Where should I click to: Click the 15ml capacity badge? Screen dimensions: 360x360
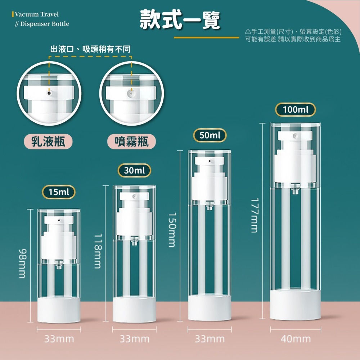59,192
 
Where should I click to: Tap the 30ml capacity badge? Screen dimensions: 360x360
134,171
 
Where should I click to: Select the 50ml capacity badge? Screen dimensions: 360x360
210,135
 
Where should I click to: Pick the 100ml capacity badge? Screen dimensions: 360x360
296,109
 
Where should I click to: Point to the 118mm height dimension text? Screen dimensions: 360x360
98,251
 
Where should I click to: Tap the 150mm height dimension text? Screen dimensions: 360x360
172,230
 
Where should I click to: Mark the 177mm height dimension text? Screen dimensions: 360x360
255,215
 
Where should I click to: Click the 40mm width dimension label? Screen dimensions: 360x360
296,339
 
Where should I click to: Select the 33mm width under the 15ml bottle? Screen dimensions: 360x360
59,339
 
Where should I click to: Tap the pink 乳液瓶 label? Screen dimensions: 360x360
48,141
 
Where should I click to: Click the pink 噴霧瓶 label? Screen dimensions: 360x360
131,141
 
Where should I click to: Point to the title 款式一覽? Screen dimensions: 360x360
180,20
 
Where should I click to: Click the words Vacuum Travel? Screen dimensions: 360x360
37,14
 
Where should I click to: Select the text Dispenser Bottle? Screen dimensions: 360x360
45,24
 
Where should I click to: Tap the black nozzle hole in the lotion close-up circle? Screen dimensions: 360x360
49,93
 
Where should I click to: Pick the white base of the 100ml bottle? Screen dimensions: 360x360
295,305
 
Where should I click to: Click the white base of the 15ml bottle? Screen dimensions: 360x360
59,310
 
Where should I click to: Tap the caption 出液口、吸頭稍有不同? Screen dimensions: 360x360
90,49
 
